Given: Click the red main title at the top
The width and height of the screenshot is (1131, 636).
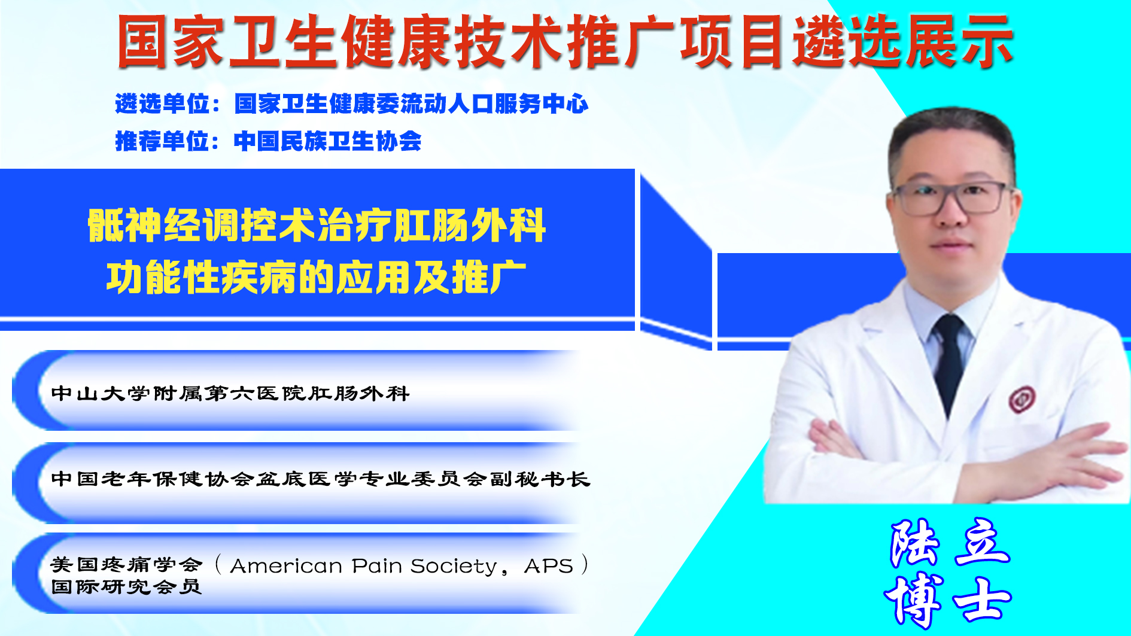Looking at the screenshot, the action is [565, 42].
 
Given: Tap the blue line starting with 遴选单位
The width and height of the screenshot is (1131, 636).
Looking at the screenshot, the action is [352, 104].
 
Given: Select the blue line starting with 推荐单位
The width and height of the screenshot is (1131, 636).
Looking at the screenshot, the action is [268, 141].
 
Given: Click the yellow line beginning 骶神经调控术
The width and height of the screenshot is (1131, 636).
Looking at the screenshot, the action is [317, 226].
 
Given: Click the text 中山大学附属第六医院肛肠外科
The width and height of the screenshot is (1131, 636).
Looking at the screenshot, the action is [230, 393].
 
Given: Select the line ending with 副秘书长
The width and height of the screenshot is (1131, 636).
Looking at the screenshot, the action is [321, 479].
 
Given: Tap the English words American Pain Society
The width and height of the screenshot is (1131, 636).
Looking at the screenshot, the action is [364, 565].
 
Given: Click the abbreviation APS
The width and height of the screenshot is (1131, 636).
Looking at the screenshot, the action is [549, 565].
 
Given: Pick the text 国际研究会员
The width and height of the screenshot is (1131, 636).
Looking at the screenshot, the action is [126, 586].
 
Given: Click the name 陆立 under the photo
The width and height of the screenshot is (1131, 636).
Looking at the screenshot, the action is [950, 543].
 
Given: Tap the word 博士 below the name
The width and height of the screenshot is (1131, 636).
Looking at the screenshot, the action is [948, 599].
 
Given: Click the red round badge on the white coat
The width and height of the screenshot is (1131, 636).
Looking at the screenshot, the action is [1021, 399].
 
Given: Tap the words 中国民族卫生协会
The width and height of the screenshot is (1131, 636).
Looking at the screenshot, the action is [328, 141].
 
